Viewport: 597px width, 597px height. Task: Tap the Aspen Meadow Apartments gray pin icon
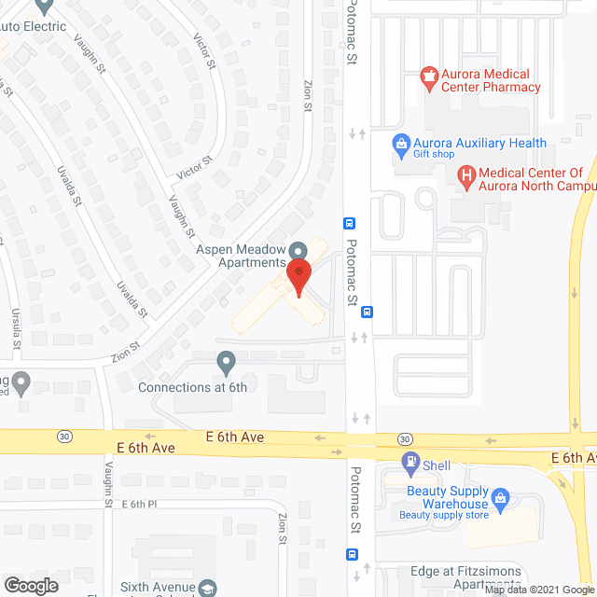(298, 251)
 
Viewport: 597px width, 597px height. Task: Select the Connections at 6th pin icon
(226, 360)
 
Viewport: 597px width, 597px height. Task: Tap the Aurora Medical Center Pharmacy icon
(430, 78)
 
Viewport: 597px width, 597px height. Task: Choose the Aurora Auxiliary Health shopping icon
(401, 145)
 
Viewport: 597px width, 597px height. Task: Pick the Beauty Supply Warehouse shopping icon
(499, 497)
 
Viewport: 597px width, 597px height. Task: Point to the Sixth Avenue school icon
(207, 588)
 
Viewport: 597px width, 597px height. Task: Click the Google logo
(30, 586)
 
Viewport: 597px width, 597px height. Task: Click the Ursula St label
(16, 332)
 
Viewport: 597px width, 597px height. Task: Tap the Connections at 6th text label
(192, 387)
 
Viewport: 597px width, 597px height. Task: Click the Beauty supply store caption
(443, 515)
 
